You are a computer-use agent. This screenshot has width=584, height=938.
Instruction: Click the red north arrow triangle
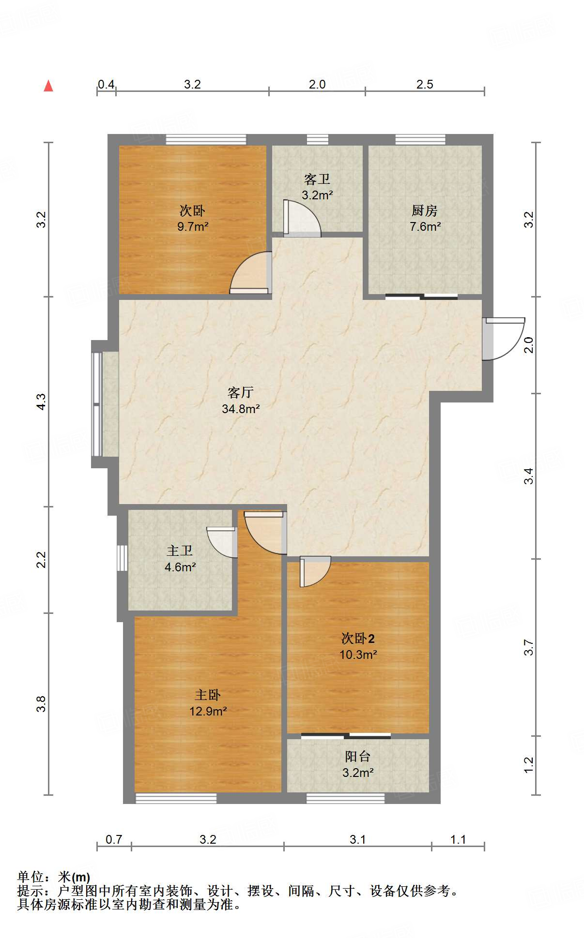(48, 86)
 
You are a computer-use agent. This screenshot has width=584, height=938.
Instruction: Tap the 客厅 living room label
(241, 392)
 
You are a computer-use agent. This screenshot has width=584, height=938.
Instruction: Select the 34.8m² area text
(241, 409)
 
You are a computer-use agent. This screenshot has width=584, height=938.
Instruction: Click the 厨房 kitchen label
(425, 211)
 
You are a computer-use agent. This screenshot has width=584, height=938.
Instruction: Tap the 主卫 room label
(180, 551)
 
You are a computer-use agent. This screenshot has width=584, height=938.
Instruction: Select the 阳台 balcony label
(358, 756)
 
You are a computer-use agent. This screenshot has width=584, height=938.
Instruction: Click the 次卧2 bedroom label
(358, 639)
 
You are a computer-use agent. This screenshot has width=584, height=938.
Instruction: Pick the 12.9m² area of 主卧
(208, 711)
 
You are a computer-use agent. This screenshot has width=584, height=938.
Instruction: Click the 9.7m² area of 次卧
(193, 226)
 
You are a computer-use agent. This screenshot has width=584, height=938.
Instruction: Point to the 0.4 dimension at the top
(106, 85)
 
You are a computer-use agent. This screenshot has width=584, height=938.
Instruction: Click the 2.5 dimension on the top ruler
(425, 85)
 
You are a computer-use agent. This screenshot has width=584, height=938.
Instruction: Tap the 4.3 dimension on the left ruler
(42, 402)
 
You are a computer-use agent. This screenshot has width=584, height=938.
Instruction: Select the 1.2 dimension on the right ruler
(529, 765)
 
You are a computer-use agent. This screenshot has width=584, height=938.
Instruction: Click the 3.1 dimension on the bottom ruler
(357, 839)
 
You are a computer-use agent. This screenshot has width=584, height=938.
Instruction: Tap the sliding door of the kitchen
(421, 297)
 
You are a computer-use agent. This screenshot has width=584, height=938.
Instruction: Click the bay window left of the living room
(97, 404)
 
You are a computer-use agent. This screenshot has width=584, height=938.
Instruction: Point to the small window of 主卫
(122, 558)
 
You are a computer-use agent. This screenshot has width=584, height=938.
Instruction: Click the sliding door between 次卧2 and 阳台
(346, 736)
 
